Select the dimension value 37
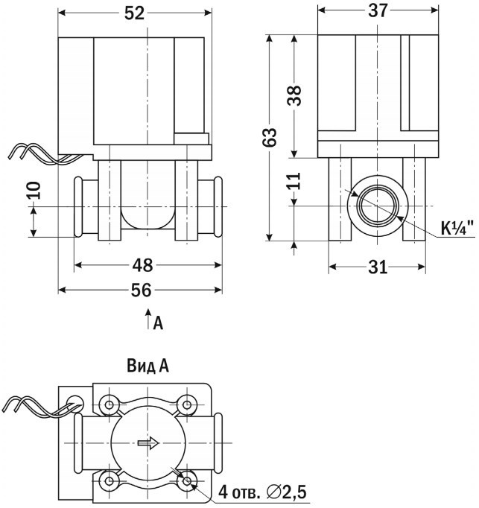click(378, 10)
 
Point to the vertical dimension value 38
click(296, 95)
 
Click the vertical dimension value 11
click(296, 182)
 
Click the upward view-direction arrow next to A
click(148, 318)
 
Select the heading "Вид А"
click(147, 366)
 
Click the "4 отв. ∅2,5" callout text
click(262, 492)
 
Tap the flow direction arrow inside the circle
click(149, 443)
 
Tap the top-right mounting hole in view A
click(186, 407)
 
